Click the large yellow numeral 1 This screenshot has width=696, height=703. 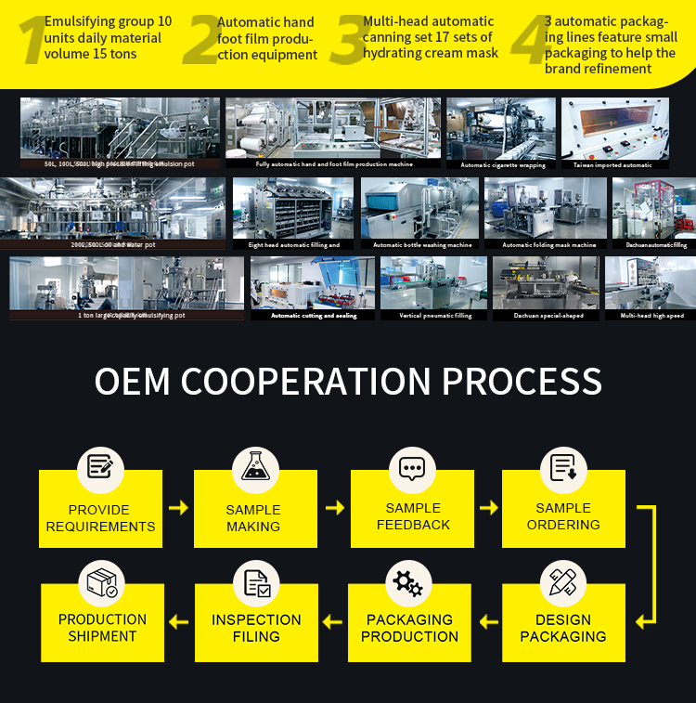point(32,42)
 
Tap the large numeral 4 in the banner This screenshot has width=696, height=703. point(531,42)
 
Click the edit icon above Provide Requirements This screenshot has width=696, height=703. point(99,467)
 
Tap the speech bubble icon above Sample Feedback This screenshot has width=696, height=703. point(411,467)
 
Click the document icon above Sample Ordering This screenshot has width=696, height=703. point(563,467)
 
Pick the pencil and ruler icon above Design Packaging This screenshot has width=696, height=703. point(562,582)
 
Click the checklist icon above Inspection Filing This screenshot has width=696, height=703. point(256,582)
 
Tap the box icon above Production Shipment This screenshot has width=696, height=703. point(102,582)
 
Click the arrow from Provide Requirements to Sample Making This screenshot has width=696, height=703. point(178,508)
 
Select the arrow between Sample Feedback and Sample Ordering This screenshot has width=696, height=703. point(488,508)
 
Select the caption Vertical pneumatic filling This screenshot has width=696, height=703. point(435,316)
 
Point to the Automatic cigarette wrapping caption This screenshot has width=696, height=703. point(503,165)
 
